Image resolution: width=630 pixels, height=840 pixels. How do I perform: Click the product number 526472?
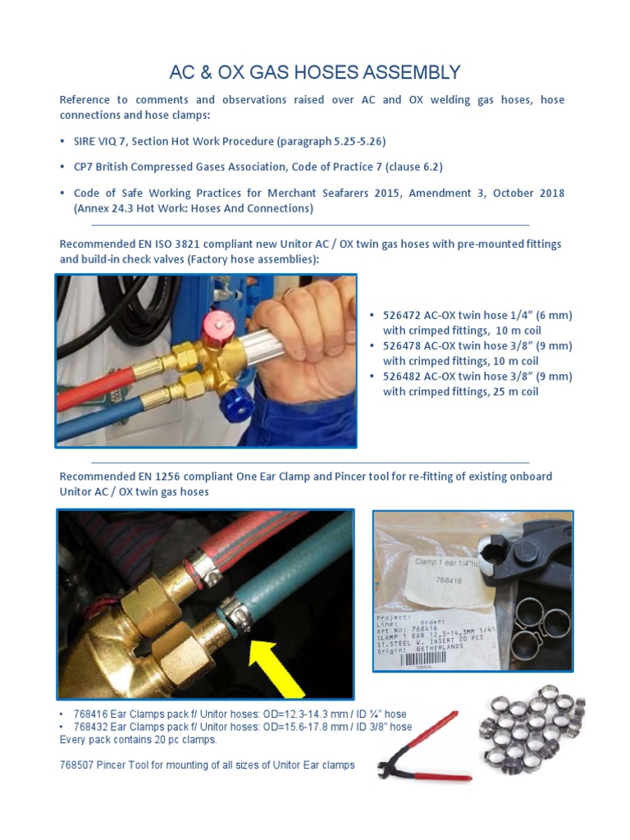pyautogui.click(x=401, y=315)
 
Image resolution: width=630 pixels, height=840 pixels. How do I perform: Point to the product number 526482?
pyautogui.click(x=401, y=377)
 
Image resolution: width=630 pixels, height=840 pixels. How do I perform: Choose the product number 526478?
pyautogui.click(x=401, y=345)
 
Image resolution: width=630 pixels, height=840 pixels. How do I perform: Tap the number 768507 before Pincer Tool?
pyautogui.click(x=78, y=765)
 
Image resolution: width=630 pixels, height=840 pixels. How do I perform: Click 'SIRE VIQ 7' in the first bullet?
pyautogui.click(x=101, y=141)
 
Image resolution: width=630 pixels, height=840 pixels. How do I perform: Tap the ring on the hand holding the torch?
pyautogui.click(x=294, y=292)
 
